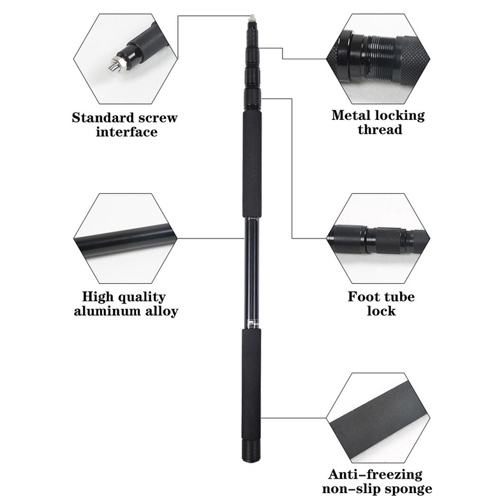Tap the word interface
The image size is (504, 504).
(x=126, y=132)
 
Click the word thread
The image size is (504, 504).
(x=379, y=130)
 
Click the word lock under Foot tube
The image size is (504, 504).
(x=381, y=311)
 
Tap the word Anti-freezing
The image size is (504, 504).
(x=374, y=475)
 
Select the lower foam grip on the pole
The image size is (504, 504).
(x=251, y=383)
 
